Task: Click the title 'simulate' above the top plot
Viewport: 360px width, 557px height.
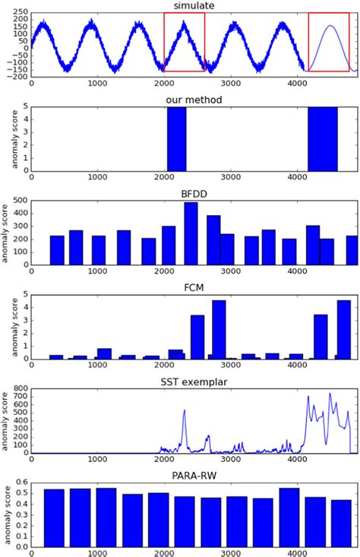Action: (193, 5)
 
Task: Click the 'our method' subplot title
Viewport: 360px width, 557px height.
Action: (193, 100)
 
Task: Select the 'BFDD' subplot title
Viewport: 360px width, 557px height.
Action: (193, 194)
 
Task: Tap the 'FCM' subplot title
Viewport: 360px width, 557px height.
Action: (193, 288)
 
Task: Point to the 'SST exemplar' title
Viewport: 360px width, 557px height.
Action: (193, 382)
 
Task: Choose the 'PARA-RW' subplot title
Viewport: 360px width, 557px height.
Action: (193, 476)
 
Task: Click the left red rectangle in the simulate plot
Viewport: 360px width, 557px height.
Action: (184, 43)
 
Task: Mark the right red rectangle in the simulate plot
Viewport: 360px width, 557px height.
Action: (333, 43)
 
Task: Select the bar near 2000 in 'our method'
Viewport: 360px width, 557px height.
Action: (176, 138)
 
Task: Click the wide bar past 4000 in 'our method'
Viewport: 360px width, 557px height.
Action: (323, 138)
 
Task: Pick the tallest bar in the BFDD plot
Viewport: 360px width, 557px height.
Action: (191, 233)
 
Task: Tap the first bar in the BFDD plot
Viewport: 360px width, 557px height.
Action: (57, 250)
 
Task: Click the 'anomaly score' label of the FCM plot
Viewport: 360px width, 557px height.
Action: (6, 326)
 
